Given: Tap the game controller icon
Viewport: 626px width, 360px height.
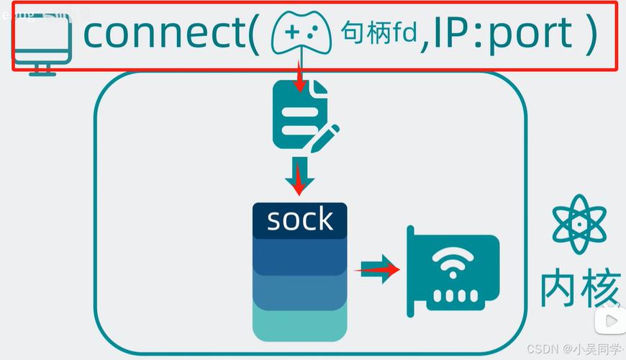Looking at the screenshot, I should pos(303,34).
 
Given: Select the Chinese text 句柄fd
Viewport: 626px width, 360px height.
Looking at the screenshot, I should pos(379,32).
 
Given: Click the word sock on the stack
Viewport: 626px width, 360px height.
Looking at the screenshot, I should pos(299,219).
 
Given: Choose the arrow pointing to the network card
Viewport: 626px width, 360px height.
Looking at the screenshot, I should pos(378,270).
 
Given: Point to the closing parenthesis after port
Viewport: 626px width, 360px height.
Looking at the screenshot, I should pos(591,34).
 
